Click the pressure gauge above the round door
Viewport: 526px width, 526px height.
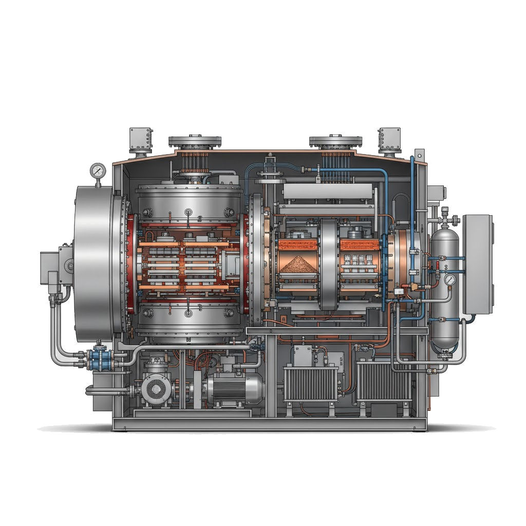97,171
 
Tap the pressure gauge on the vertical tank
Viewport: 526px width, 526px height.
450,280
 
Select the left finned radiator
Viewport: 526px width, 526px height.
311,383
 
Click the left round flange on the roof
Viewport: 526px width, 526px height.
195,141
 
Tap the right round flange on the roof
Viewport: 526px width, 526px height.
336,141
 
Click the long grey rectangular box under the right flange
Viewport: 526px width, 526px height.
327,192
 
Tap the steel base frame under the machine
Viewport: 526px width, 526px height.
269,424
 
